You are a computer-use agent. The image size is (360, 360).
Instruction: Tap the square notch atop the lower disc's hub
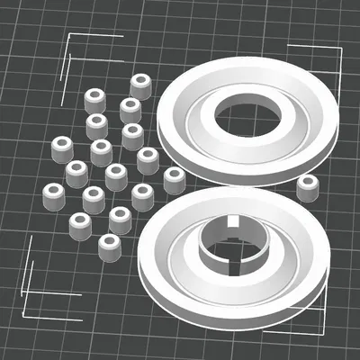[231, 221]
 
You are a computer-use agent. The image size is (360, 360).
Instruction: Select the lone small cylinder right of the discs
[309, 187]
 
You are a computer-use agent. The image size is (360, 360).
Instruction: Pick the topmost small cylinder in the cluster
[140, 85]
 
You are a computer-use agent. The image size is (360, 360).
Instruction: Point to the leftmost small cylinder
[54, 194]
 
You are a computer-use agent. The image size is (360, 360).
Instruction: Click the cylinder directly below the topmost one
[130, 110]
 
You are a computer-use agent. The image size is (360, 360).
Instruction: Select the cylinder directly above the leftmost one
[62, 148]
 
